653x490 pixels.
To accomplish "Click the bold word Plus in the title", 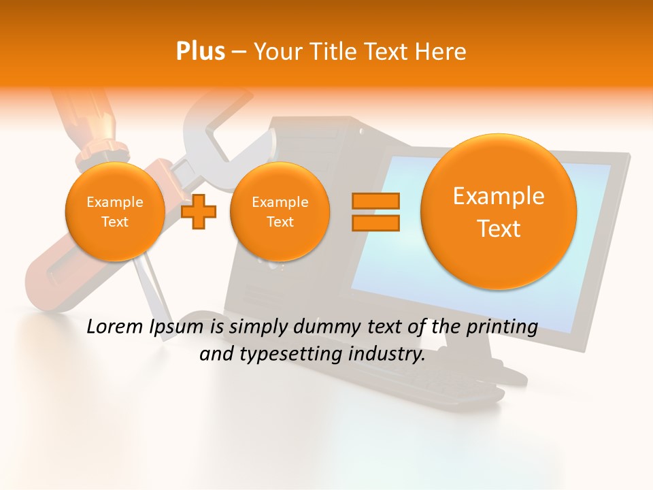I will coord(200,52).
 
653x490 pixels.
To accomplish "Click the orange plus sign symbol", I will coord(199,212).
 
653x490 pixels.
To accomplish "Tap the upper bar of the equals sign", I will coord(375,201).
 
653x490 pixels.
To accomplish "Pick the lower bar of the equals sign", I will coord(375,223).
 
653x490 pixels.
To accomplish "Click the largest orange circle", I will coord(499,212).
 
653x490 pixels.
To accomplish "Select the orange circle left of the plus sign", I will coord(114,212).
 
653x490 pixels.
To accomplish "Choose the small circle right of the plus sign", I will coord(280,212).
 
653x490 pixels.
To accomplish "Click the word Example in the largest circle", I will coord(499,196).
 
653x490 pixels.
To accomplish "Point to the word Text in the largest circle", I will coord(499,229).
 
